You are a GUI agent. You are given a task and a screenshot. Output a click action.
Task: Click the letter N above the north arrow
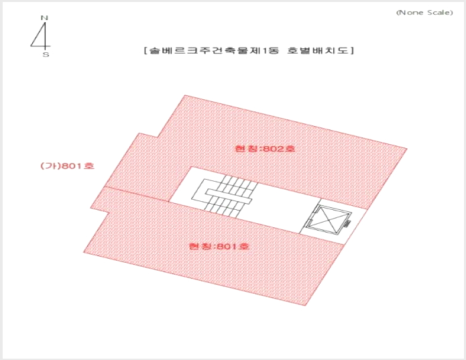pyautogui.click(x=44, y=18)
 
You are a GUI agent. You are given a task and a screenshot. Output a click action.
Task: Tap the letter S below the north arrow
pyautogui.click(x=46, y=55)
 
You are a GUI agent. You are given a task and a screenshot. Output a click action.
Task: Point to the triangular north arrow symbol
pyautogui.click(x=41, y=35)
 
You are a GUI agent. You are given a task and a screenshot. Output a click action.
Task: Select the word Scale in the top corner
pyautogui.click(x=439, y=13)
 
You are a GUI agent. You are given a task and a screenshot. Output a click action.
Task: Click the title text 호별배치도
pyautogui.click(x=317, y=50)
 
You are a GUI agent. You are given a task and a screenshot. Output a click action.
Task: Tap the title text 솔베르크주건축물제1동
pyautogui.click(x=214, y=50)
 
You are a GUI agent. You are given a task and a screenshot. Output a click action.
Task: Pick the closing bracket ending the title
pyautogui.click(x=352, y=50)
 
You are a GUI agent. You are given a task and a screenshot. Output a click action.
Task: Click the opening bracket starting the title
pyautogui.click(x=145, y=50)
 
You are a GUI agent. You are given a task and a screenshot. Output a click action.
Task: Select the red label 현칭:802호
pyautogui.click(x=265, y=148)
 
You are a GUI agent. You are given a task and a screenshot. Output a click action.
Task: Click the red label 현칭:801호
pyautogui.click(x=219, y=246)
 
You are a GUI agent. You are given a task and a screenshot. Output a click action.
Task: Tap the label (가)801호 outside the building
pyautogui.click(x=67, y=166)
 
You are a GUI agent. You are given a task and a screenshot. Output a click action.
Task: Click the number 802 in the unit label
pyautogui.click(x=273, y=148)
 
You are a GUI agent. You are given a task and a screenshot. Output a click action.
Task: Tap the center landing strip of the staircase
pyautogui.click(x=229, y=196)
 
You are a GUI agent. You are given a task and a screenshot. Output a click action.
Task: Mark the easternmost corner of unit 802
pyautogui.click(x=407, y=148)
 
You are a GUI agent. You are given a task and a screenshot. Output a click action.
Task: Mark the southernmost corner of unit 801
pyautogui.click(x=305, y=305)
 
